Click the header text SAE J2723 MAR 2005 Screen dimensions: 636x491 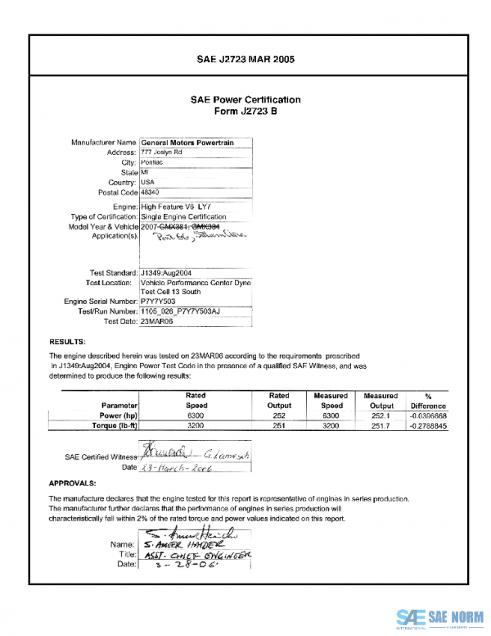pyautogui.click(x=245, y=59)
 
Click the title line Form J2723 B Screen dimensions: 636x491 pyautogui.click(x=245, y=111)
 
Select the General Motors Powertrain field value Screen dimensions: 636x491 pyautogui.click(x=187, y=143)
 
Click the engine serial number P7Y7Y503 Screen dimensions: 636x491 pyautogui.click(x=158, y=302)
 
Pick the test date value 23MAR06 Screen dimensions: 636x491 pyautogui.click(x=157, y=322)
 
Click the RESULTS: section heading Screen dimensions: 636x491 pyautogui.click(x=68, y=340)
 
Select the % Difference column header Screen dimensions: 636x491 pyautogui.click(x=428, y=401)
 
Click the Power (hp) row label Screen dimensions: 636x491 pyautogui.click(x=119, y=416)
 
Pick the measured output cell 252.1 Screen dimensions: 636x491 pyautogui.click(x=382, y=416)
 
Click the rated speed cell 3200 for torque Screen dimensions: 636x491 pyautogui.click(x=196, y=426)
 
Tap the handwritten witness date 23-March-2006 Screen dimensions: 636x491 pyautogui.click(x=178, y=467)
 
